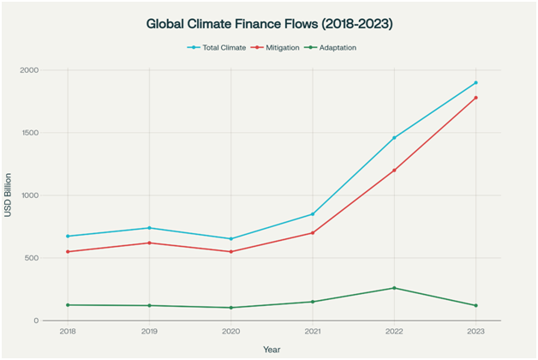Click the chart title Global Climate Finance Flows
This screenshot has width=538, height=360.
pos(269,24)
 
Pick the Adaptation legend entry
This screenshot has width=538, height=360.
pos(335,47)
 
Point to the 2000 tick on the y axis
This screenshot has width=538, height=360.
pos(53,70)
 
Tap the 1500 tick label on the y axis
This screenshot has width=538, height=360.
pos(53,133)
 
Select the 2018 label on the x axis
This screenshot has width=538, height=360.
pos(68,331)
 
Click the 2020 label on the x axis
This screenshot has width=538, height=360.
pos(231,331)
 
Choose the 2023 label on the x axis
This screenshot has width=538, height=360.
pos(475,331)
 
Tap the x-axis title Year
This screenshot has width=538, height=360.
pos(271,349)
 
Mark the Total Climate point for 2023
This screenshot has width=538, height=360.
pos(475,83)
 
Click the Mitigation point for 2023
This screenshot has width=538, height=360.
pos(475,98)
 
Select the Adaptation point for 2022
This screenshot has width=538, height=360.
pos(394,288)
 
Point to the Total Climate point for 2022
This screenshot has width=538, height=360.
pos(394,138)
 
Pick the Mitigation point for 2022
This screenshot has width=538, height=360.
pos(394,171)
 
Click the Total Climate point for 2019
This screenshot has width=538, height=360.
pos(150,228)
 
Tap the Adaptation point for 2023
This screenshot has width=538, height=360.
pos(475,305)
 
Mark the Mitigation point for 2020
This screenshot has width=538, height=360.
pos(231,251)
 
